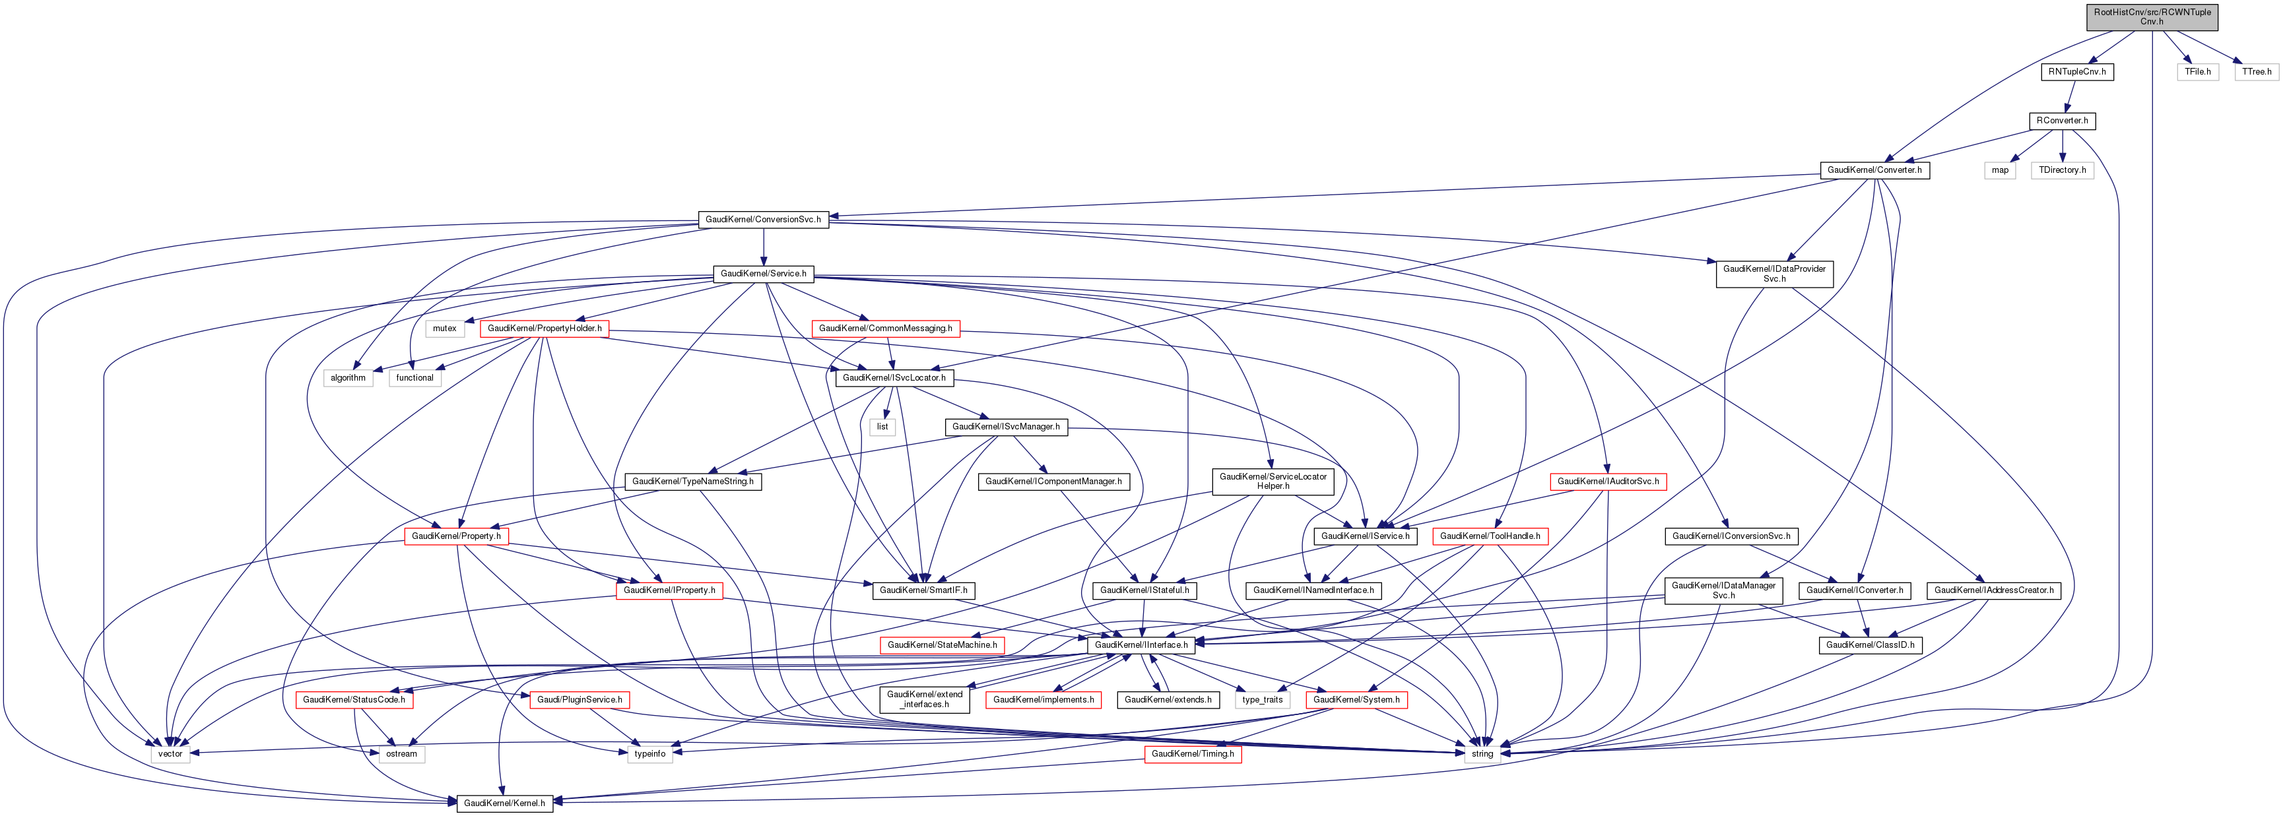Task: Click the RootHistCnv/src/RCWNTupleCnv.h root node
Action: (x=2152, y=17)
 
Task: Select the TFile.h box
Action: (x=2197, y=72)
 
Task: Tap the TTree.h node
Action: (x=2257, y=72)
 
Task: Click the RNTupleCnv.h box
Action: (x=2076, y=72)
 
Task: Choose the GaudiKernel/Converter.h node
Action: (x=1874, y=170)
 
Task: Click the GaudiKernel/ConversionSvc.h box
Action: (x=763, y=220)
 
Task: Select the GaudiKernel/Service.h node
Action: (x=763, y=274)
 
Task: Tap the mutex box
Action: (x=444, y=329)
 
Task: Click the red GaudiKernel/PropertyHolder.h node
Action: (x=544, y=329)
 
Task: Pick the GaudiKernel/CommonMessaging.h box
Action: (x=885, y=329)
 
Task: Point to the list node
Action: (x=882, y=427)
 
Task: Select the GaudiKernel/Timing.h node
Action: (x=1192, y=754)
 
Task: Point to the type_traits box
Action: (x=1262, y=700)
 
